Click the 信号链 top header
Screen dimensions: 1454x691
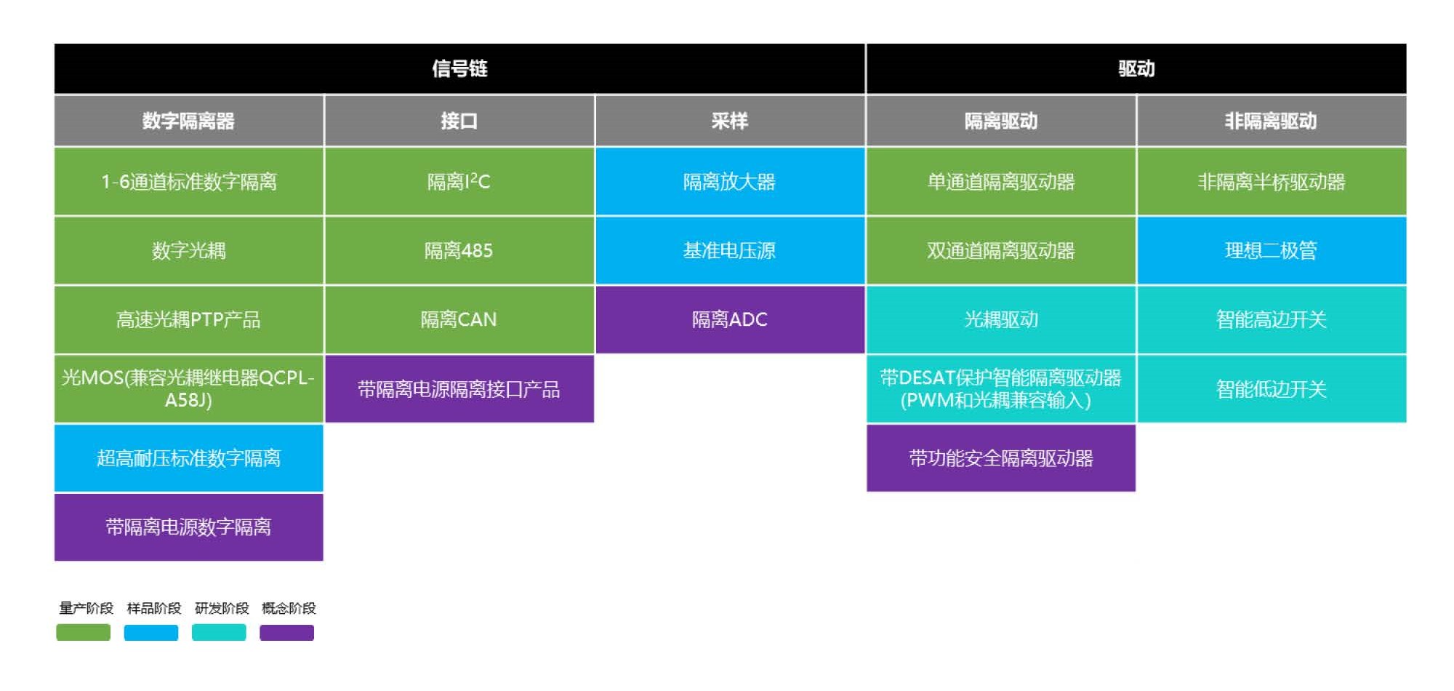coord(459,68)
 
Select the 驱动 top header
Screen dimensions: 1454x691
coord(1136,68)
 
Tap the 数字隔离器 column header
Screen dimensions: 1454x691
coord(188,121)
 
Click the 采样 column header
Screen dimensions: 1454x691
coord(730,121)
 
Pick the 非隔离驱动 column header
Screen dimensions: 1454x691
coord(1272,121)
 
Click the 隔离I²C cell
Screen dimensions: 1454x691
coord(459,181)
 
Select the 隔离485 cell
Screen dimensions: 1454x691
coord(459,250)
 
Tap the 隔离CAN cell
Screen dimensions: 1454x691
coord(459,319)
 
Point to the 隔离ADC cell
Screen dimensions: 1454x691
coord(730,319)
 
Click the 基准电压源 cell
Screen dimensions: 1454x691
coord(730,250)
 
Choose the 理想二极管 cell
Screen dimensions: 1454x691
coord(1272,250)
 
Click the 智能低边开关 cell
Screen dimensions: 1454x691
coord(1272,388)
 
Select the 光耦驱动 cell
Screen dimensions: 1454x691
coord(1001,319)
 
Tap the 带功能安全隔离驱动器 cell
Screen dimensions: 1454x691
coord(1001,458)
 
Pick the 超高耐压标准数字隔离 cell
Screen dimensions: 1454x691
coord(188,458)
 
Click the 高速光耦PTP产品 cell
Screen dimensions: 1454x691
coord(188,319)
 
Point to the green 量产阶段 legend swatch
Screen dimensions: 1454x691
coord(84,632)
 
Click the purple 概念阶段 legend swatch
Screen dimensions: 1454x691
coord(287,632)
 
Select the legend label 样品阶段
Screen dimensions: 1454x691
coord(153,608)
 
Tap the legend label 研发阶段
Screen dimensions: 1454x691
coord(222,608)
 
